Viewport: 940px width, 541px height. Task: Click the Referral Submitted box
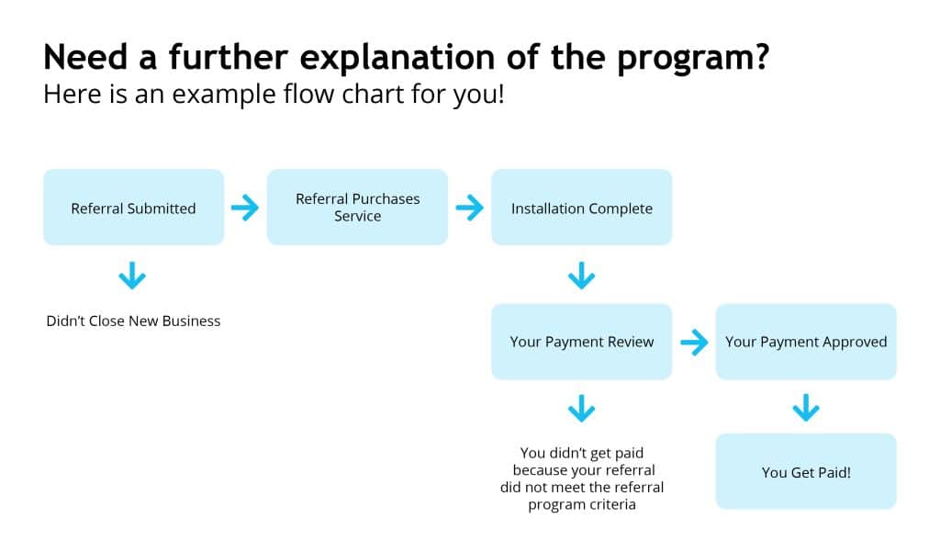coord(134,207)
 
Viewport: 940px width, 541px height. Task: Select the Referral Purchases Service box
coord(357,207)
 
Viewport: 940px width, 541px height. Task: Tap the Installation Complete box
coord(581,207)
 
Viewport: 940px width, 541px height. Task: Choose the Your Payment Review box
coord(581,342)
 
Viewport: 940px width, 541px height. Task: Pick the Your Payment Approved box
coord(806,342)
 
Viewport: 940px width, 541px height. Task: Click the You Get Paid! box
coord(806,471)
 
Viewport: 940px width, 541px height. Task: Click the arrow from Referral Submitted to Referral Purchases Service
coord(245,208)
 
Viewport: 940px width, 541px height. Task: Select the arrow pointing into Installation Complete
coord(469,208)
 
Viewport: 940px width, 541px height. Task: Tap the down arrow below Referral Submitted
coord(132,276)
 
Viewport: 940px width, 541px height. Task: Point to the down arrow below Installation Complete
coord(581,276)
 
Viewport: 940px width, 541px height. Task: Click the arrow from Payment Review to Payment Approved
coord(694,342)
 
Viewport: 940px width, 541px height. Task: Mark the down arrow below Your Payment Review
coord(581,409)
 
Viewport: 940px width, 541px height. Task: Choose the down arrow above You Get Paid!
coord(806,408)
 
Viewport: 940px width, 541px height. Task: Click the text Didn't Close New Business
coord(133,321)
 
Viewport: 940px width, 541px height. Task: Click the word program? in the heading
coord(693,59)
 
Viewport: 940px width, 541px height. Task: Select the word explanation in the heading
coord(397,59)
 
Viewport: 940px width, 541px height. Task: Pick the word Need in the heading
coord(85,57)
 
